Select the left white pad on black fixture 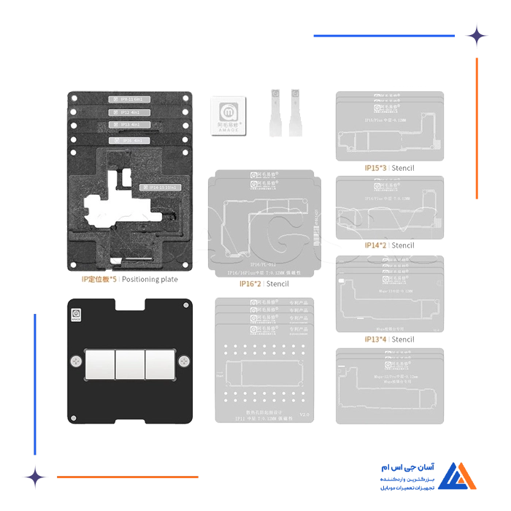100,362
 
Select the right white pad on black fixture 159,362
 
